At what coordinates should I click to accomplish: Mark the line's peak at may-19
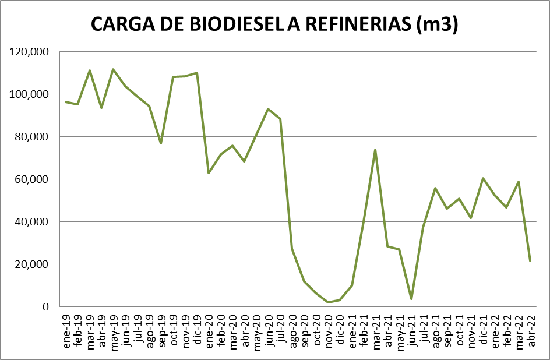coord(113,69)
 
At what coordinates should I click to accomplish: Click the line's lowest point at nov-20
coord(328,302)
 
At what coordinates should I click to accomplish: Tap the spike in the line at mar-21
coord(375,150)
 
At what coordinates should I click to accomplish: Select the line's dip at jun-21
coord(411,299)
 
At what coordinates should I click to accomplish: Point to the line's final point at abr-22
coord(530,261)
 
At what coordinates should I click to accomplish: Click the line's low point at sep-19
coord(161,143)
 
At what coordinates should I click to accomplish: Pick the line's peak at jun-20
coord(268,109)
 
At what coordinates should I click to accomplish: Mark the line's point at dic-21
coord(483,178)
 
